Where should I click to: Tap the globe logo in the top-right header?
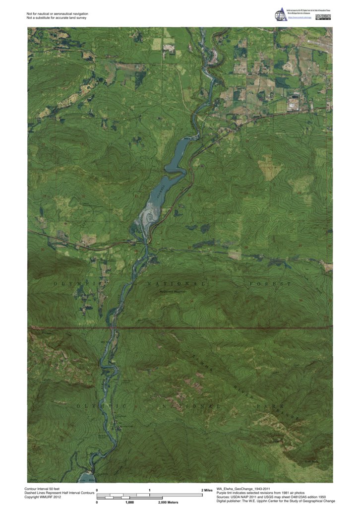[x=282, y=14]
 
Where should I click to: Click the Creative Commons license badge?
[x=325, y=17]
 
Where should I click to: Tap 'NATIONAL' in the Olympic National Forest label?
[x=174, y=284]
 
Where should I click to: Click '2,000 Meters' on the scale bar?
[x=168, y=503]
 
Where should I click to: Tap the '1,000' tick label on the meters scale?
[x=129, y=503]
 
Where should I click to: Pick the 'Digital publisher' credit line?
[x=276, y=501]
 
